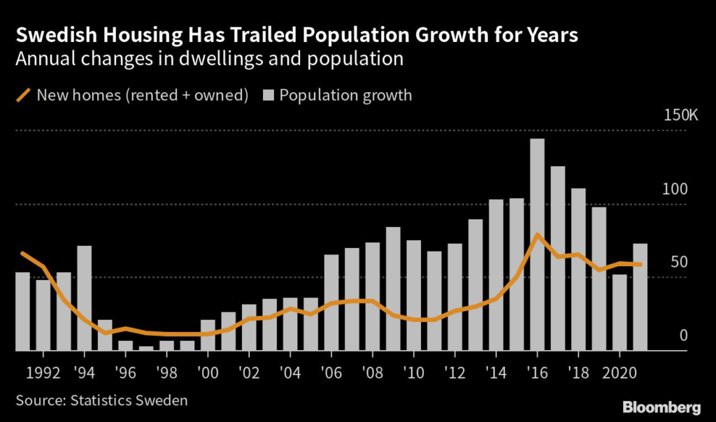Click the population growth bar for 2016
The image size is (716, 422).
click(x=537, y=245)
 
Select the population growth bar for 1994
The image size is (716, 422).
click(x=84, y=298)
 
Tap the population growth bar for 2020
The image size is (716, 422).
click(x=620, y=312)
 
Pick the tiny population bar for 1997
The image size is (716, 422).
click(x=145, y=348)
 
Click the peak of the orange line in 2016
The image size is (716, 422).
click(x=536, y=235)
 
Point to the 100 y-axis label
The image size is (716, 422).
click(x=675, y=189)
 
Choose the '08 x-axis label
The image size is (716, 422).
click(x=372, y=370)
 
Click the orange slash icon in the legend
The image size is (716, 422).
click(x=22, y=95)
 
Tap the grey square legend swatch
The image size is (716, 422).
click(x=268, y=95)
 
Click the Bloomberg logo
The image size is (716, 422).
click(x=661, y=406)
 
